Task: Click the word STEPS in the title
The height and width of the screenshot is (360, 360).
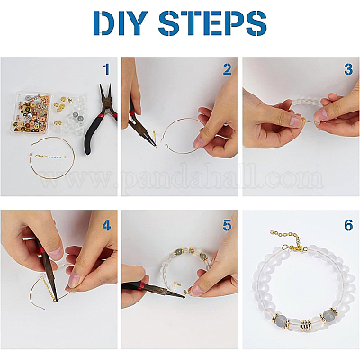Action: [x=212, y=23]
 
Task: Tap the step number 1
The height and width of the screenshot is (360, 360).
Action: [x=106, y=69]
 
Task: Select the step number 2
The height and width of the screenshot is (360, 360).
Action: [x=227, y=69]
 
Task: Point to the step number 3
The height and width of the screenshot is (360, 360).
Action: [x=348, y=69]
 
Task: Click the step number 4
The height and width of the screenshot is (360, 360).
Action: [x=106, y=225]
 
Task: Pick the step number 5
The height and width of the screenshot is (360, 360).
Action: [x=227, y=225]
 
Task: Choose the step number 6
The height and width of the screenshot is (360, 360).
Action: [x=348, y=225]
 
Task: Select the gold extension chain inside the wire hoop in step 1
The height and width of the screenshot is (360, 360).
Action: [x=51, y=157]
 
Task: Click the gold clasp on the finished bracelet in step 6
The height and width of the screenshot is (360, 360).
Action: [x=295, y=247]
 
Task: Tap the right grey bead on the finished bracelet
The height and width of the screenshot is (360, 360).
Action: [x=328, y=316]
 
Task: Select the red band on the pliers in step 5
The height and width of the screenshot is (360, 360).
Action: [x=141, y=285]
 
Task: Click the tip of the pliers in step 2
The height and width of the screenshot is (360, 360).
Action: [x=156, y=146]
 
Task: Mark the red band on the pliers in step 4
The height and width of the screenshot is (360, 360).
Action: [x=41, y=249]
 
